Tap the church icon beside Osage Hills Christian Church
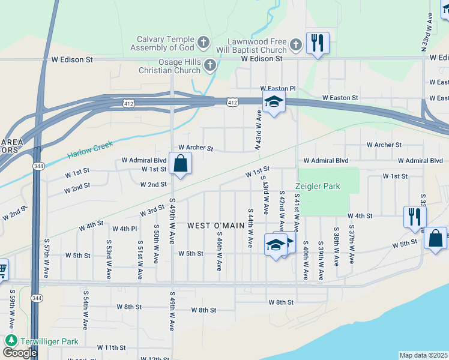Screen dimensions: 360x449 point(209,65)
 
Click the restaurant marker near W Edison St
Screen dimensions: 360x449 point(318,43)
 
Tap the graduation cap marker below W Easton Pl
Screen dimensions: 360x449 point(274,103)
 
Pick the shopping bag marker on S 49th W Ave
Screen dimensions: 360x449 point(181,163)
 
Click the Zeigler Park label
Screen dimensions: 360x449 point(317,187)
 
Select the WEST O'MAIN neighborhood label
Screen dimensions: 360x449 point(215,226)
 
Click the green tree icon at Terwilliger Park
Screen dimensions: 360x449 point(11,340)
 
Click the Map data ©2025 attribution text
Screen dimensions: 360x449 point(423,355)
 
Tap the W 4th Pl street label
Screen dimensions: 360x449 point(125,229)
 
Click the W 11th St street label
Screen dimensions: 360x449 point(111,347)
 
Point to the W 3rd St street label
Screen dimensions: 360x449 point(152,211)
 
